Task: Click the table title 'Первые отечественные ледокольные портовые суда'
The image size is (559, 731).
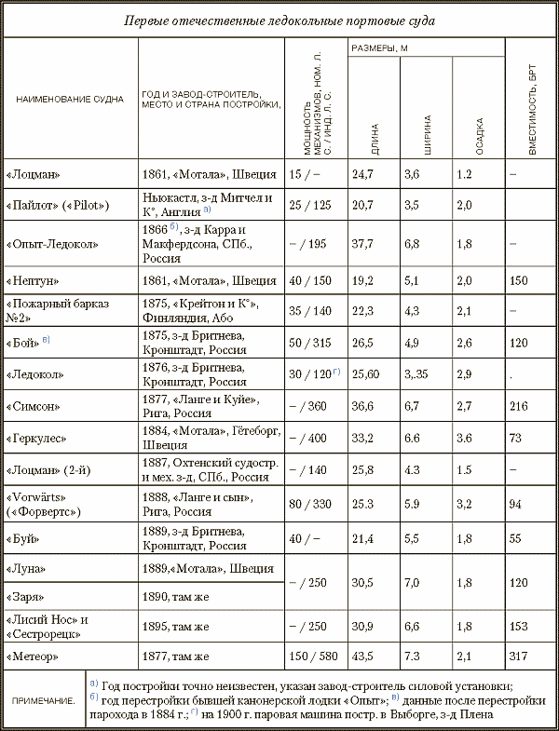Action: click(279, 20)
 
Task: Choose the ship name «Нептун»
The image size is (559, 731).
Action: click(36, 279)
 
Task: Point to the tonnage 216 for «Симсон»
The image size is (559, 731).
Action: click(520, 406)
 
